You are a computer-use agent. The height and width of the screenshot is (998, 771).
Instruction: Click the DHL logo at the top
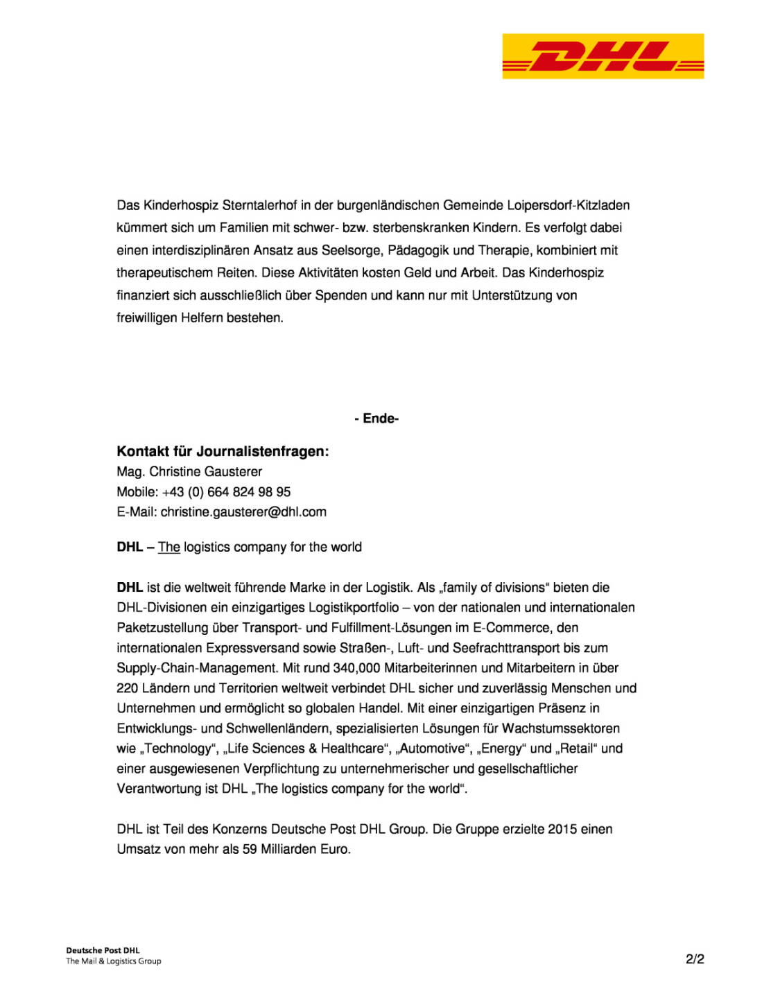click(603, 56)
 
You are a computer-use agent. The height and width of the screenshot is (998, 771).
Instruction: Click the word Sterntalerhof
click(259, 205)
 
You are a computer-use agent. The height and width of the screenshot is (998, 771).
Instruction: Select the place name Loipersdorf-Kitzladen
click(568, 205)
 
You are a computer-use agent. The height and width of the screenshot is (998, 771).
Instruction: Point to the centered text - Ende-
click(376, 419)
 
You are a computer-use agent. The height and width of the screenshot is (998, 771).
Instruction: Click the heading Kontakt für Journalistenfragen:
click(223, 451)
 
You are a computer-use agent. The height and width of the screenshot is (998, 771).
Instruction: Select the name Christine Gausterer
click(205, 472)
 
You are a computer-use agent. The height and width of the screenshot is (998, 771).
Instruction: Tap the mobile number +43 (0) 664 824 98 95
click(226, 492)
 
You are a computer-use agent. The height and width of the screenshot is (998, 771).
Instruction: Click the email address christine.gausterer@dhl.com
click(243, 512)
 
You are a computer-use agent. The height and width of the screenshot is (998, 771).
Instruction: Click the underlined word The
click(169, 548)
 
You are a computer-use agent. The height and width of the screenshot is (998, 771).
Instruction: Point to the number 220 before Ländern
click(128, 688)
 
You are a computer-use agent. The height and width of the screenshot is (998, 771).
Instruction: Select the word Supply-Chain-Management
click(197, 668)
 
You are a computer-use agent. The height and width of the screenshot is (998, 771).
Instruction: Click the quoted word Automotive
click(433, 748)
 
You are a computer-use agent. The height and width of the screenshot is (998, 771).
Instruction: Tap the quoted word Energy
click(502, 748)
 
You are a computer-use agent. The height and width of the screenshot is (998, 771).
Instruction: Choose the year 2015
click(562, 830)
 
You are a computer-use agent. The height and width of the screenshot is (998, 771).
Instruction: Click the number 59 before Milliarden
click(250, 850)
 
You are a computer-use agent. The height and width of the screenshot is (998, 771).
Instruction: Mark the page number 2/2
click(695, 959)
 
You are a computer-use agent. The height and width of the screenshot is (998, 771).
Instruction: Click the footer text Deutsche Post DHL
click(103, 951)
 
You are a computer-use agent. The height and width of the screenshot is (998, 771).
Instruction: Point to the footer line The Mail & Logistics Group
click(114, 961)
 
